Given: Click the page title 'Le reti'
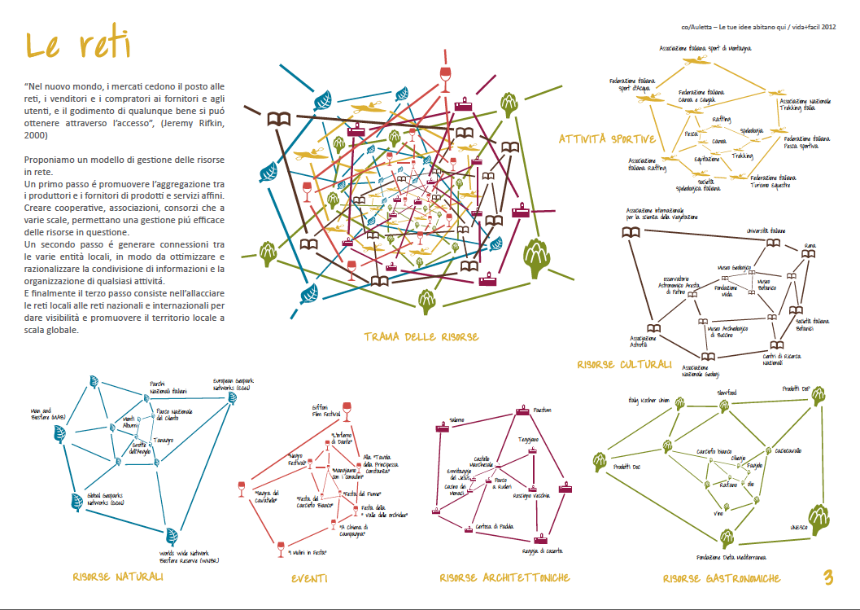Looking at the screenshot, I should (78, 46).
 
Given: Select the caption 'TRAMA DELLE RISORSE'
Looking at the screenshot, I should (421, 336).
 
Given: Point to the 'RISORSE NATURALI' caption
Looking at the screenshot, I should (117, 577).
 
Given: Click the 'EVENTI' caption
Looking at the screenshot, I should (309, 578).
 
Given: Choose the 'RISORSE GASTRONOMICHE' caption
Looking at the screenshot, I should (721, 578).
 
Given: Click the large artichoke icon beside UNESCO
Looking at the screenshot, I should (818, 516).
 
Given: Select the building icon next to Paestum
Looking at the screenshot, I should (522, 411).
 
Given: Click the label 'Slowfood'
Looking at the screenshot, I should (726, 392).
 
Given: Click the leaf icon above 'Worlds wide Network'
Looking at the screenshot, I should (172, 535).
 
